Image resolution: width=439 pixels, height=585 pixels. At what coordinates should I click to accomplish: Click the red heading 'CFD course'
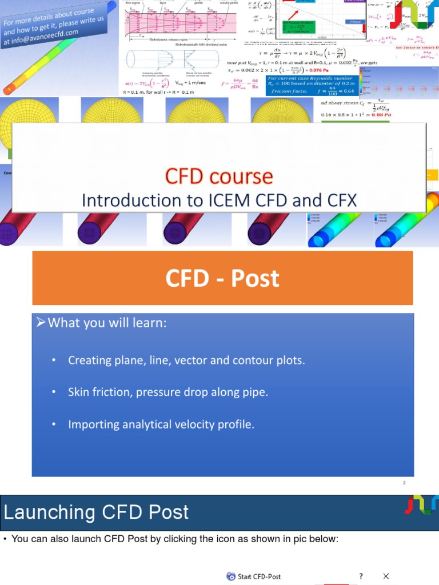pos(219,176)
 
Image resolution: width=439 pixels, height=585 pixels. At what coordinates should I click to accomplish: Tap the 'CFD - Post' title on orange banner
pos(222,278)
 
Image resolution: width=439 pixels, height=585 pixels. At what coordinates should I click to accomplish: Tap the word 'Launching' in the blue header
pos(50,512)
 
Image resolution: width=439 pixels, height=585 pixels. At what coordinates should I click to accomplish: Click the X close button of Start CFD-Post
pos(386,576)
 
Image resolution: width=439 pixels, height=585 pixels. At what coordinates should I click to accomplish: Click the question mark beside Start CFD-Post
pos(361,576)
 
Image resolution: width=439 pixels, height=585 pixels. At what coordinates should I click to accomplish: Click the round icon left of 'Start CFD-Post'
pos(230,576)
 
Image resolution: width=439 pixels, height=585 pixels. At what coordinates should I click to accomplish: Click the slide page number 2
pos(404,483)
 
